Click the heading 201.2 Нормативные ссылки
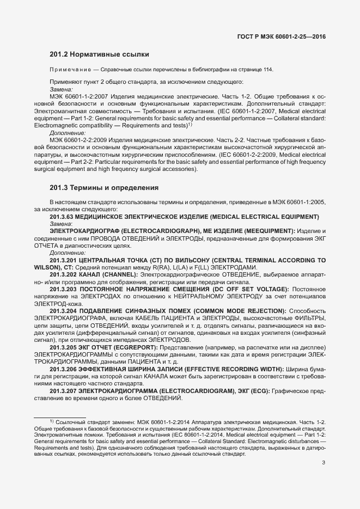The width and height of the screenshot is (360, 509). (x=99, y=54)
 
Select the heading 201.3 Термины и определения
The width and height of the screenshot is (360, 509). (x=104, y=188)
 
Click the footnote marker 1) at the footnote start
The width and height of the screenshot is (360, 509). (x=52, y=421)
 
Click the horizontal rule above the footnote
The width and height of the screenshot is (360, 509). (x=60, y=418)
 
